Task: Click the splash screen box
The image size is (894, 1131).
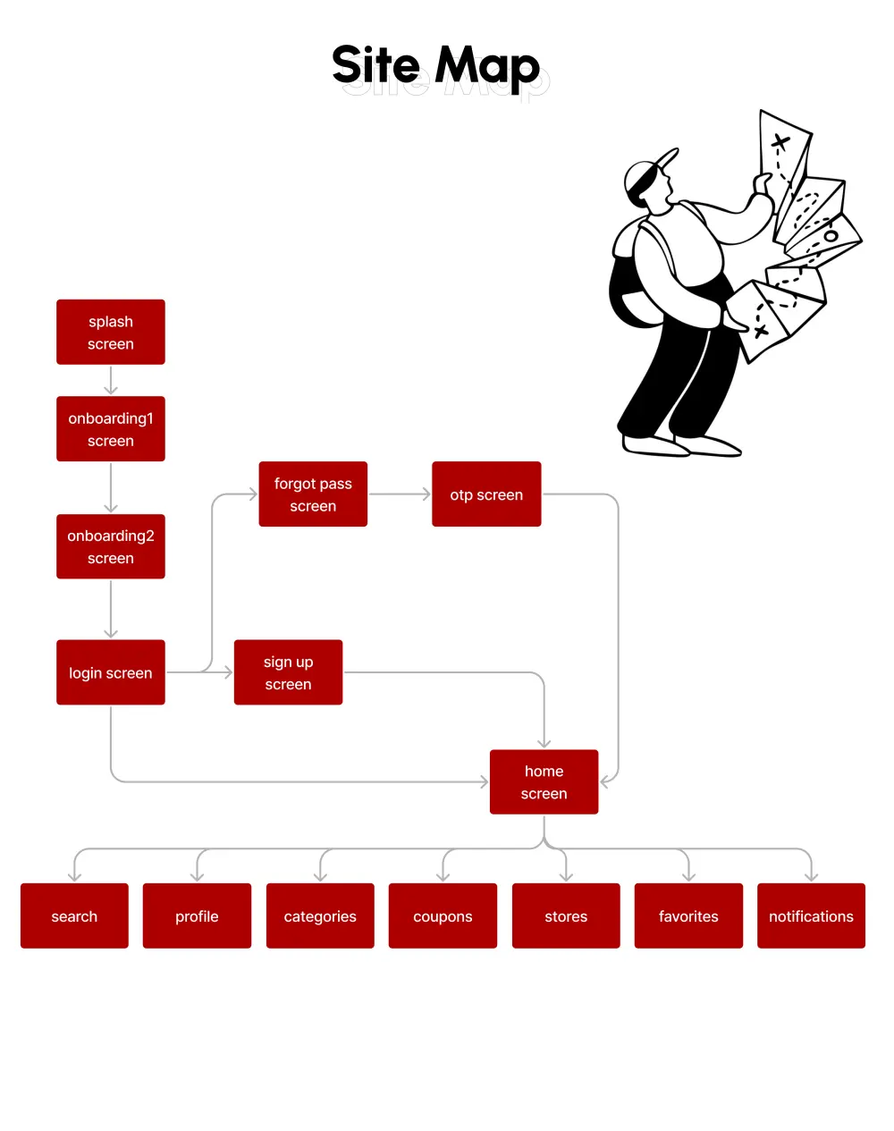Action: coord(111,332)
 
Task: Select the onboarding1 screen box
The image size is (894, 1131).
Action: coord(111,429)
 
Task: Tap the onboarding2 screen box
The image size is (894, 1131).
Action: coord(111,546)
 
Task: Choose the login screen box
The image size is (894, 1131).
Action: coord(111,672)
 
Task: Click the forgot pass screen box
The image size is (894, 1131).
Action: coord(313,494)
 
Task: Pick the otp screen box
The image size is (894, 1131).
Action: coord(486,494)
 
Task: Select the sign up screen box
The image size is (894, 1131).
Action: coord(288,672)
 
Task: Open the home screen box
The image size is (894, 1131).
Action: coord(544,782)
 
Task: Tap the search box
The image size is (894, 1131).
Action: coord(74,916)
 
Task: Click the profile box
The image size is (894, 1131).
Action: coord(197,916)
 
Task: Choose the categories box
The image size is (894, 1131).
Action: coord(320,916)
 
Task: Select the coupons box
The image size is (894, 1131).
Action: coord(443,916)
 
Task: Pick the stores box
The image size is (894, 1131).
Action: coord(566,916)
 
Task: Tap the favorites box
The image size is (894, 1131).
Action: coord(688,916)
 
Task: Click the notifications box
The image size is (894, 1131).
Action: coord(811,916)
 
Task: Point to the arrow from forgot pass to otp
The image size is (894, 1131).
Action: coord(400,494)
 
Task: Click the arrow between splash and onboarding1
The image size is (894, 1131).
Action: coord(111,380)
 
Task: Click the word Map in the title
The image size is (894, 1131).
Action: coord(487,66)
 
